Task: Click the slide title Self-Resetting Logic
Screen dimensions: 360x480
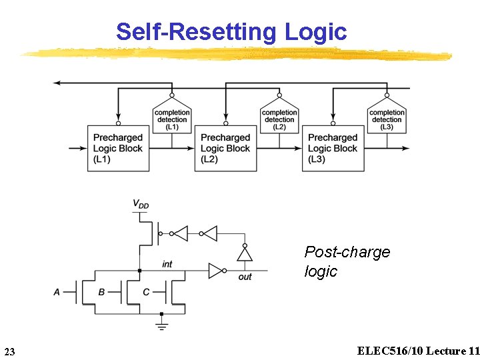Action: [x=231, y=31]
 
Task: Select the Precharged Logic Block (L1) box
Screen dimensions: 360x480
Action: [x=117, y=148]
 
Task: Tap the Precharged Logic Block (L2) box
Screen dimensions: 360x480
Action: [x=225, y=148]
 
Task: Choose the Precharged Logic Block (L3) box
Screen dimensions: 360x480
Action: [x=333, y=148]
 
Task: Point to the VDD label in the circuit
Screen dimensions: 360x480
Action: [x=141, y=204]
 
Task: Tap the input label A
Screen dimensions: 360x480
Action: [x=57, y=292]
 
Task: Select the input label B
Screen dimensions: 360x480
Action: [x=101, y=292]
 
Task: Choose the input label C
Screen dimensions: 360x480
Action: [x=146, y=292]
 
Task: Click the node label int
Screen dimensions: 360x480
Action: [x=167, y=264]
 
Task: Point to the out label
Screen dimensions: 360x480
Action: [x=245, y=277]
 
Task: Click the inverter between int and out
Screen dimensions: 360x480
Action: [x=215, y=270]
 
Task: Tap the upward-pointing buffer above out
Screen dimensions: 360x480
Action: [x=245, y=254]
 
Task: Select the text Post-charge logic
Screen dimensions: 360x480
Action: [x=347, y=261]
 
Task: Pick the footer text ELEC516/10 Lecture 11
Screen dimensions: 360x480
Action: [x=418, y=351]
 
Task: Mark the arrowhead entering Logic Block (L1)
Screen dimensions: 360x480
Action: [x=82, y=148]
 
